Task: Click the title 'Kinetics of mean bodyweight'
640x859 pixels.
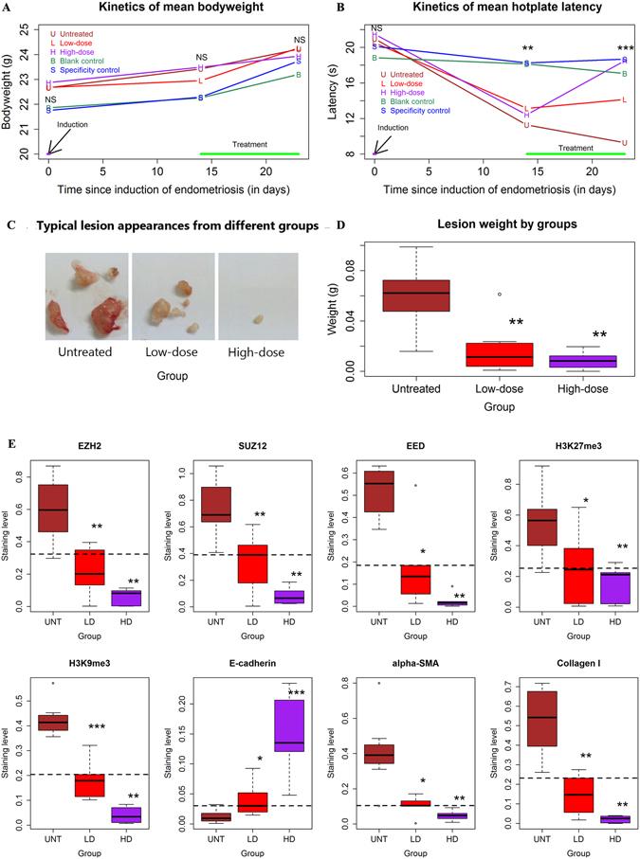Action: tap(175, 9)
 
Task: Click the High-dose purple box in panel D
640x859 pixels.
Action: tap(582, 362)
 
